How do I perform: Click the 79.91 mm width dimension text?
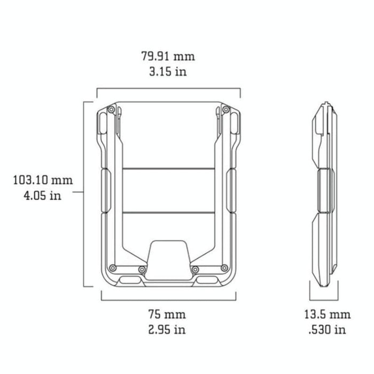click(168, 56)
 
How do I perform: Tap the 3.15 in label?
click(168, 71)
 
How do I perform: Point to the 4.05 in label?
click(43, 196)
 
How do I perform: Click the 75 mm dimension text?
click(168, 314)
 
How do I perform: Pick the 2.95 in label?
click(168, 329)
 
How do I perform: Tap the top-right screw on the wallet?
click(227, 110)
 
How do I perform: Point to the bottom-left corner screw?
click(112, 268)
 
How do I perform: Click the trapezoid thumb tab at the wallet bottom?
click(168, 259)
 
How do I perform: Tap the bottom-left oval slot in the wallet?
click(129, 280)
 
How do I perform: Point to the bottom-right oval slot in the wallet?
click(208, 280)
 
